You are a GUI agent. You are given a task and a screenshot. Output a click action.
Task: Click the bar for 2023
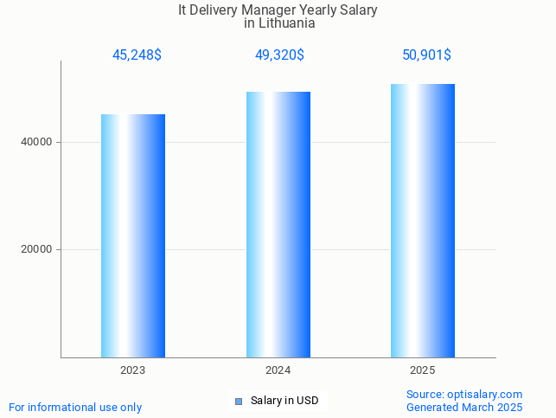tap(133, 235)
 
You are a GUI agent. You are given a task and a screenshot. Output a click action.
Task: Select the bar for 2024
tap(278, 224)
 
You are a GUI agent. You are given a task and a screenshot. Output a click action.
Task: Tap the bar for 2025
tap(422, 221)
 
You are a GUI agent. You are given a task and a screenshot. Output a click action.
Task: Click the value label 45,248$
tap(137, 55)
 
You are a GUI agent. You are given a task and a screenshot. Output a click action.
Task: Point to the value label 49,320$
tap(279, 55)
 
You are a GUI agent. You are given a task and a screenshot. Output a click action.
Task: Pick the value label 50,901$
tap(426, 55)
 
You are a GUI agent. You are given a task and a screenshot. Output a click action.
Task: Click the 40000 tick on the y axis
tap(36, 142)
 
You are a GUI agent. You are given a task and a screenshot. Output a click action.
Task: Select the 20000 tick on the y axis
tap(36, 249)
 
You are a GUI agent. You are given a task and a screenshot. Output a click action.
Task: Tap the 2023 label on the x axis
tap(133, 370)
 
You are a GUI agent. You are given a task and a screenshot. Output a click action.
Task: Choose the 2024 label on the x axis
tap(278, 370)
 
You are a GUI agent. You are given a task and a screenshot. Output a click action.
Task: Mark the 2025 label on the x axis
tap(423, 370)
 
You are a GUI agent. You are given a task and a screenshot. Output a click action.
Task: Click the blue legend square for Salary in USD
tap(239, 401)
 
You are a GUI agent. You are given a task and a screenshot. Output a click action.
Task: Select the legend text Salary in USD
tap(284, 401)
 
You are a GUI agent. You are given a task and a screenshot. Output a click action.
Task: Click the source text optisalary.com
tap(485, 395)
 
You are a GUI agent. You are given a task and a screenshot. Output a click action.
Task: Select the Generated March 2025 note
tap(464, 407)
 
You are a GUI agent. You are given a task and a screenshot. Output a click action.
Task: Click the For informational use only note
tap(75, 407)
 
